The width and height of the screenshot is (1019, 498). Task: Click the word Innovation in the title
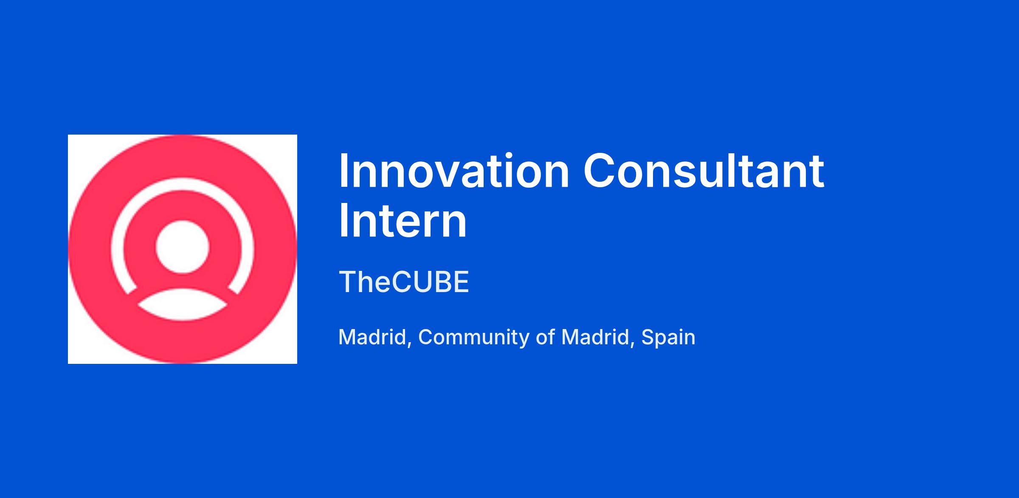pos(454,171)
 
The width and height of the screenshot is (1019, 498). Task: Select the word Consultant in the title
pos(704,171)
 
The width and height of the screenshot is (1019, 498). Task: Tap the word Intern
pos(403,221)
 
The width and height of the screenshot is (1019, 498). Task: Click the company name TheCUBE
pos(404,281)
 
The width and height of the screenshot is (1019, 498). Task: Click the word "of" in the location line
pos(545,338)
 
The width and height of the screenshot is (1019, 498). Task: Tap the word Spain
pos(668,338)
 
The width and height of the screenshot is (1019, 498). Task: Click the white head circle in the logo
pos(183,248)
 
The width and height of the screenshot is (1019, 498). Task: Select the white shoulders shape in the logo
pos(183,305)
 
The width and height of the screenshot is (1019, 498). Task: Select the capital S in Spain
pos(648,338)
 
